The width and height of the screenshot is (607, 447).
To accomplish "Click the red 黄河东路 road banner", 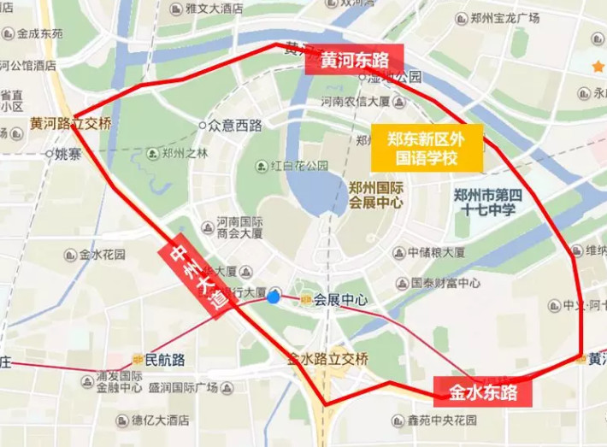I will (x=355, y=61).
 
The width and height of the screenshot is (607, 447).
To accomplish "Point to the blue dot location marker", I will (x=274, y=297).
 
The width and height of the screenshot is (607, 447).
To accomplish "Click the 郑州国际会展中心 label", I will (x=376, y=195).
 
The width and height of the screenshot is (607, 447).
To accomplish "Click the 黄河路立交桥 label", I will (x=70, y=123).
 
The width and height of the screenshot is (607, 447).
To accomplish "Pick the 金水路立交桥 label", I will (x=328, y=358).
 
